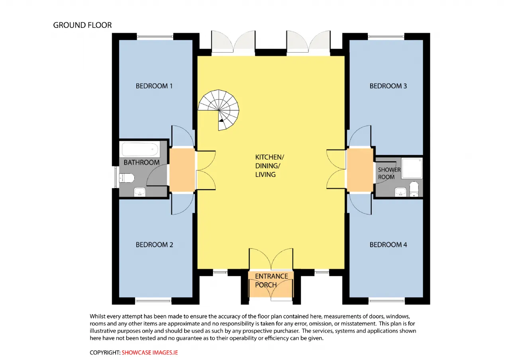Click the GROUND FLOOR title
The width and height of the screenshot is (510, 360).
click(82, 25)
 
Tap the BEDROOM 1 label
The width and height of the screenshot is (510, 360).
click(154, 86)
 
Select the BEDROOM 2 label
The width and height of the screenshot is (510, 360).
click(154, 245)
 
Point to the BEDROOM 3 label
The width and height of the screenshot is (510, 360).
click(388, 86)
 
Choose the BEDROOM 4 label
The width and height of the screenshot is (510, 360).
click(388, 245)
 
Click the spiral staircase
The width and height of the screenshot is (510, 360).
click(219, 110)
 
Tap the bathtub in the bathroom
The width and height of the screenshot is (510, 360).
click(140, 149)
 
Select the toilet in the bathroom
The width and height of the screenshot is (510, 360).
click(126, 178)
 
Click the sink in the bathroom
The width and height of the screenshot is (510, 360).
click(139, 192)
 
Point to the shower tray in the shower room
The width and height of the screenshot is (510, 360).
click(412, 168)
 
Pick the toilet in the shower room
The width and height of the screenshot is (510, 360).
click(414, 189)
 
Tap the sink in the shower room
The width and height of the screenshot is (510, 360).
click(400, 192)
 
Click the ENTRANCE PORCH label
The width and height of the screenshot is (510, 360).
click(271, 281)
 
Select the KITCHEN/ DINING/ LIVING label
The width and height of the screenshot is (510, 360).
click(270, 166)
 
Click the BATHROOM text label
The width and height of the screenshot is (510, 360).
click(141, 162)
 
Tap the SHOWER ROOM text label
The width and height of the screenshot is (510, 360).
click(389, 173)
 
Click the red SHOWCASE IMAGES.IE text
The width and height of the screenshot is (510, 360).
click(149, 353)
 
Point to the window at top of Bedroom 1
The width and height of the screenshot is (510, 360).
click(155, 36)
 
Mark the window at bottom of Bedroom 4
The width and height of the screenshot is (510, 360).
click(386, 301)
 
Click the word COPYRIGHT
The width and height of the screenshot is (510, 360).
click(105, 353)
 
